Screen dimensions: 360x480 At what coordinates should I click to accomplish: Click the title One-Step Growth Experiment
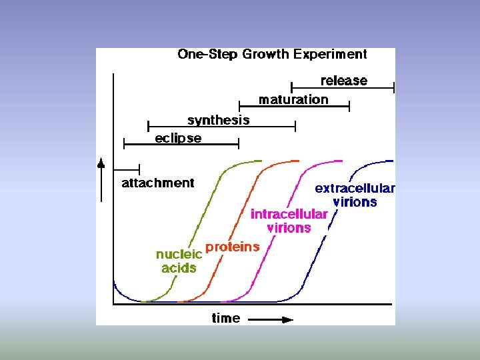[x=272, y=55]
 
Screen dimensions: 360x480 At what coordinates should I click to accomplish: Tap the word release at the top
[x=343, y=81]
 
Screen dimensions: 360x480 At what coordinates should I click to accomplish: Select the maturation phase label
[x=293, y=99]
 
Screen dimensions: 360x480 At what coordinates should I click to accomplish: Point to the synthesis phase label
[x=219, y=120]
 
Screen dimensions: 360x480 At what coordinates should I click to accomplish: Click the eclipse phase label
[x=178, y=138]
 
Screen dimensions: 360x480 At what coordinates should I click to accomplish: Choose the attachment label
[x=158, y=183]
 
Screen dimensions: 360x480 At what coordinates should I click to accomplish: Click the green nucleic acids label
[x=179, y=261]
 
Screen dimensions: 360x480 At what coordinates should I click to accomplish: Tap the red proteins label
[x=232, y=247]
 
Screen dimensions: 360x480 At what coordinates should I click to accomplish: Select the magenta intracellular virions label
[x=289, y=221]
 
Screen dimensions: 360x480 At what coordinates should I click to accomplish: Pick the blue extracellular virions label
[x=355, y=195]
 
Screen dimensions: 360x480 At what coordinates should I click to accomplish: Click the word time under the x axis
[x=226, y=318]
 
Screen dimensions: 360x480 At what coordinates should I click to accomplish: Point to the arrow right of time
[x=270, y=319]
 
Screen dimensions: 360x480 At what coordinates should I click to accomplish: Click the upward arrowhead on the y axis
[x=101, y=163]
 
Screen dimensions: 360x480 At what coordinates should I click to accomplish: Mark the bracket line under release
[x=343, y=87]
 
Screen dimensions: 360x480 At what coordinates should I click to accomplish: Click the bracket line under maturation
[x=294, y=107]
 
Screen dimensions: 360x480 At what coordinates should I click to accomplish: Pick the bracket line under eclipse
[x=181, y=144]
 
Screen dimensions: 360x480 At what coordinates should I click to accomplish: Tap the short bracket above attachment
[x=127, y=169]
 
